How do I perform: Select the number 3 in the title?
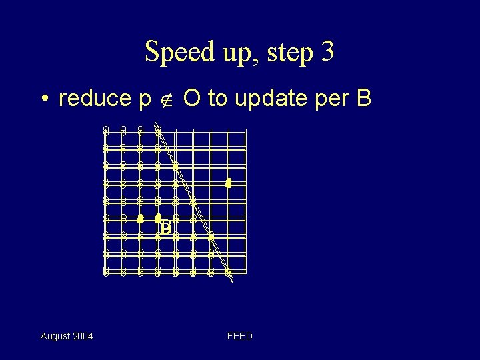pos(327,52)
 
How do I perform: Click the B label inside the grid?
pos(166,228)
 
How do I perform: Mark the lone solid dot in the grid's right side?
pos(228,182)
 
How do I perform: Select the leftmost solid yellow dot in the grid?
pos(140,218)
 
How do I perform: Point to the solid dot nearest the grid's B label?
pos(158,217)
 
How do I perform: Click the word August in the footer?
pos(55,336)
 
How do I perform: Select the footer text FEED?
pos(240,336)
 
